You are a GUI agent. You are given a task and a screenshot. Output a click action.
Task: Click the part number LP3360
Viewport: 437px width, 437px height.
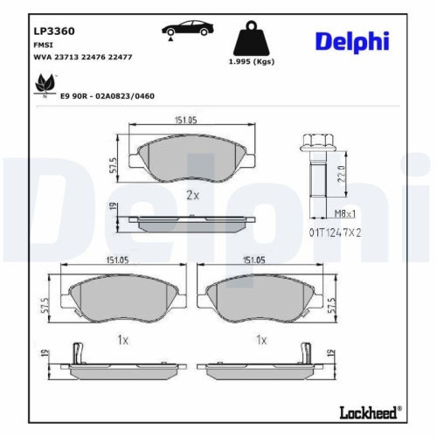pos(53,31)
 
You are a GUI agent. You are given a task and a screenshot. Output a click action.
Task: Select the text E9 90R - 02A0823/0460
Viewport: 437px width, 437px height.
pos(107,95)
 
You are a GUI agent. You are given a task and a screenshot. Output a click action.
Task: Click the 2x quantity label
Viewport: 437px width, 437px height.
pos(192,195)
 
